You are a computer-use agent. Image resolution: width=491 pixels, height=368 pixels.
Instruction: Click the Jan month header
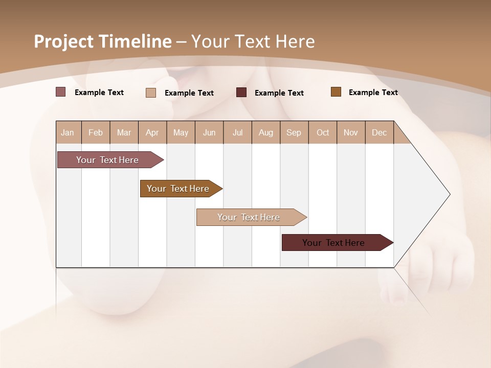(68, 132)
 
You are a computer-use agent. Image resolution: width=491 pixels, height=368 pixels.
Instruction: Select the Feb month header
(96, 132)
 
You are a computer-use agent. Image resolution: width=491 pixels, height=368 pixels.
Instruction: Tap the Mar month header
(124, 132)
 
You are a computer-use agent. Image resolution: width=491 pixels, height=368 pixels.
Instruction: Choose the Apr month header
(152, 132)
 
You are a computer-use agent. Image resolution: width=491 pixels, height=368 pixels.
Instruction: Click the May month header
(181, 132)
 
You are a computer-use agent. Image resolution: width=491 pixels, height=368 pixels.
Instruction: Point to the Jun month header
(209, 132)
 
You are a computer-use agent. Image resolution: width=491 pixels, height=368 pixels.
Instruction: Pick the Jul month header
(237, 132)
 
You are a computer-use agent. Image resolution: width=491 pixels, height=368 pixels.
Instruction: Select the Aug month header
(265, 132)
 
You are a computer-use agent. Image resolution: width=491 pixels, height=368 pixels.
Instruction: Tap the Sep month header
(294, 132)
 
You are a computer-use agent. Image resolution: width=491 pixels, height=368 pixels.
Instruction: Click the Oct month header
(323, 132)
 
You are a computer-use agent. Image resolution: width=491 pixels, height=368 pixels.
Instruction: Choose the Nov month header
(350, 132)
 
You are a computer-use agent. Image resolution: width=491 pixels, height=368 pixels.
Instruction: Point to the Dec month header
(379, 132)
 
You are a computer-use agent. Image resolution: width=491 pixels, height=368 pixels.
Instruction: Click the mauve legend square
(60, 92)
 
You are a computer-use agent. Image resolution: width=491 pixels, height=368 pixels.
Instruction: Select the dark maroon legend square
(241, 92)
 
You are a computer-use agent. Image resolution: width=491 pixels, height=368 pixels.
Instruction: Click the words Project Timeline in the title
(102, 41)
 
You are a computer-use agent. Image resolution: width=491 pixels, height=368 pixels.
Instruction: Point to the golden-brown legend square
(336, 92)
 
